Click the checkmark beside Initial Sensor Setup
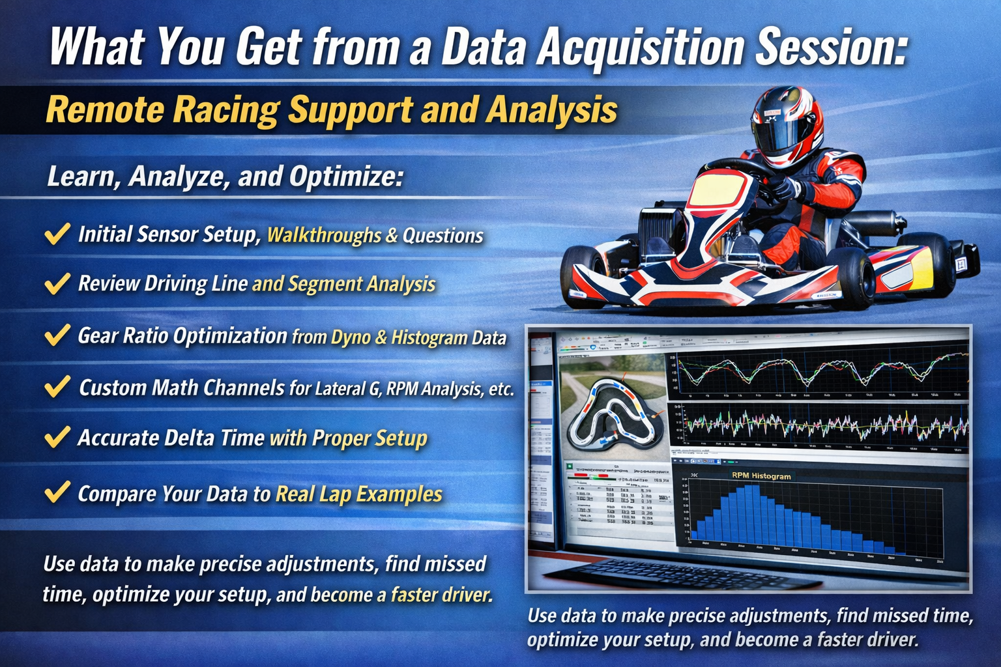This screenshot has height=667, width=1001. click(x=57, y=233)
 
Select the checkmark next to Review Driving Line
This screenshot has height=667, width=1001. click(x=57, y=283)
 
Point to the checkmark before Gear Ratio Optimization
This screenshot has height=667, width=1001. click(x=57, y=335)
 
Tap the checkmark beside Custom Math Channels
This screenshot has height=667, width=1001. click(x=57, y=386)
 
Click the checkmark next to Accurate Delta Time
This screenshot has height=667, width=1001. click(x=57, y=437)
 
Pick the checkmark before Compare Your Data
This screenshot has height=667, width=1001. click(x=57, y=492)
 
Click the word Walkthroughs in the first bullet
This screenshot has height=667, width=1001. click(x=324, y=235)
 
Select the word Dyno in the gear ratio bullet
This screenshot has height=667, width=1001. click(x=350, y=337)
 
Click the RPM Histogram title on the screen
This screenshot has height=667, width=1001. click(x=761, y=476)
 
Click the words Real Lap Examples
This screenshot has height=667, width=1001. click(x=358, y=494)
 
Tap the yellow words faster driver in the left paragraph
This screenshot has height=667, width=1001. click(x=441, y=595)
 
